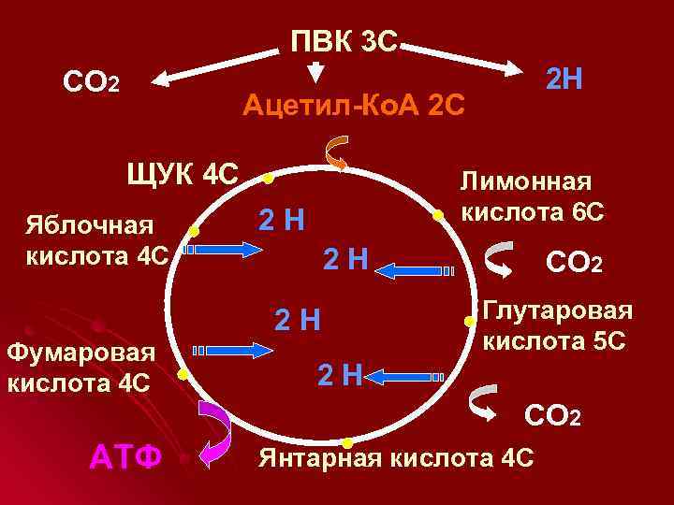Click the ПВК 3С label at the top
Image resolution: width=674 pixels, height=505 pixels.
(x=344, y=42)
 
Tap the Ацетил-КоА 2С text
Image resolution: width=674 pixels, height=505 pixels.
(x=352, y=106)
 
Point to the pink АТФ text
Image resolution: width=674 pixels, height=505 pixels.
(x=126, y=457)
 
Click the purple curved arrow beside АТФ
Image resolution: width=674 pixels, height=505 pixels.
(x=218, y=431)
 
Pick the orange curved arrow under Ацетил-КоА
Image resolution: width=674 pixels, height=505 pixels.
(x=336, y=152)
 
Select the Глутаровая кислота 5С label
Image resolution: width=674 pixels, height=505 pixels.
(x=557, y=325)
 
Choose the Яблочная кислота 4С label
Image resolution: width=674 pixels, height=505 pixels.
(x=97, y=239)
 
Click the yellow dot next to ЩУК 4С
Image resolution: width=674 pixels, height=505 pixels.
(x=268, y=178)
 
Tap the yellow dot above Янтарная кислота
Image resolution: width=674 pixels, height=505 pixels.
(x=346, y=441)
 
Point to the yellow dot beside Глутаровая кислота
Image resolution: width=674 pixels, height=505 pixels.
(x=468, y=321)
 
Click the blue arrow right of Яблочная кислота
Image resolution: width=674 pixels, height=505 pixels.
(x=225, y=250)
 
